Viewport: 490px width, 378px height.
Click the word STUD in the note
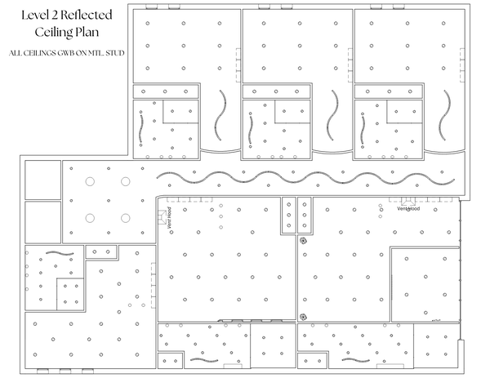pos(115,53)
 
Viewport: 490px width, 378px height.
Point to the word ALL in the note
pos(15,53)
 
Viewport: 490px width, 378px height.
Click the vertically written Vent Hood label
pos(170,217)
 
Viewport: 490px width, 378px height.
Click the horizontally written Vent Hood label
pos(408,209)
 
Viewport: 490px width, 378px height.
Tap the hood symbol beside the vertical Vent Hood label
pos(163,217)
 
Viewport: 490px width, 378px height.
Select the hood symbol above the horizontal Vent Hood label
pos(408,202)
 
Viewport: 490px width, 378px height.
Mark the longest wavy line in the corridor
pos(305,177)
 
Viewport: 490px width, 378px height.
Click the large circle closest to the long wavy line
pos(125,181)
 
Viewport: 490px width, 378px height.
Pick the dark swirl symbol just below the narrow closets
pos(302,240)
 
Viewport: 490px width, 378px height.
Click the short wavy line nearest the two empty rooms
pos(60,253)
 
